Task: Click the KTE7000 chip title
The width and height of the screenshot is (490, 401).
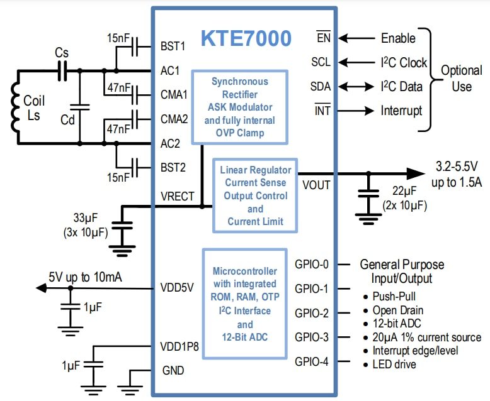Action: click(246, 38)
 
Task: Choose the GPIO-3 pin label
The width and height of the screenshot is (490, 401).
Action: click(311, 338)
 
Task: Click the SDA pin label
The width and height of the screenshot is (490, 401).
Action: click(321, 86)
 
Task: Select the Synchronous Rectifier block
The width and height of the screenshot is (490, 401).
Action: click(239, 107)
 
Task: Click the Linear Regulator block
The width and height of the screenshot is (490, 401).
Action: click(255, 195)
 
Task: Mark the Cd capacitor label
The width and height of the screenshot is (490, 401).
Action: click(67, 119)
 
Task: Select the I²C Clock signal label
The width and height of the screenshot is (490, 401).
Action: click(404, 62)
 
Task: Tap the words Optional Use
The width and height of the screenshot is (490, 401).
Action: click(461, 78)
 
